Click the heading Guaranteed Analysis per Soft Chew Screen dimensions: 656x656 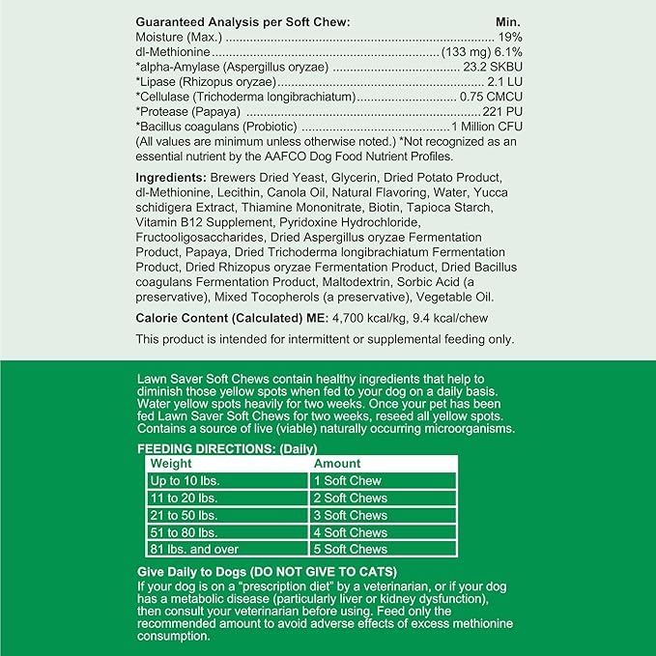point(242,21)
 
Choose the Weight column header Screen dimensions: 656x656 point(172,464)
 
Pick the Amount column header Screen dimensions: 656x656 point(337,464)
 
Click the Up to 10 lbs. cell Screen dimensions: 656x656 point(184,480)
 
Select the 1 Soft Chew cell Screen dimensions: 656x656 point(347,480)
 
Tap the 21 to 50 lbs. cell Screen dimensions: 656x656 point(183,515)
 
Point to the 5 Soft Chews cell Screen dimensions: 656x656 point(350,549)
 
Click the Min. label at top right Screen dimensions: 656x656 point(507,21)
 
